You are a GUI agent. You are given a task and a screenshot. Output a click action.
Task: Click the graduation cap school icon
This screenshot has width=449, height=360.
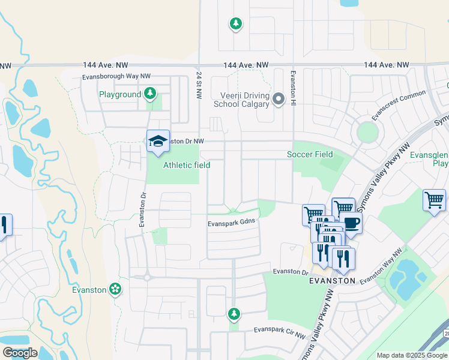(x=158, y=141)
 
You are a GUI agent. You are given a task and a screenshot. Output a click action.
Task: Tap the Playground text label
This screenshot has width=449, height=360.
(x=119, y=94)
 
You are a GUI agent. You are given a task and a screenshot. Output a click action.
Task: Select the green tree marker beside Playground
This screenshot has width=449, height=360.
(x=150, y=94)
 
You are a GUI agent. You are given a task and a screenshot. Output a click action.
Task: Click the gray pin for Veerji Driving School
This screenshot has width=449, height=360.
(x=278, y=99)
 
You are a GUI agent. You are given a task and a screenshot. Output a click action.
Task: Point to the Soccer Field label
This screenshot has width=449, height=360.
(x=309, y=154)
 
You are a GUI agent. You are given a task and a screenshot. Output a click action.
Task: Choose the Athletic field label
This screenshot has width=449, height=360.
(x=186, y=165)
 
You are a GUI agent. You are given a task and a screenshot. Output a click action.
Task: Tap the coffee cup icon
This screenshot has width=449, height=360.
(x=351, y=223)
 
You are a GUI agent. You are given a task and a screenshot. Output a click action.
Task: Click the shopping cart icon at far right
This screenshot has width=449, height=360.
(x=434, y=199)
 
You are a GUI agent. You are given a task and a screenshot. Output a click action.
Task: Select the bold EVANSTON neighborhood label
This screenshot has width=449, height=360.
(x=332, y=280)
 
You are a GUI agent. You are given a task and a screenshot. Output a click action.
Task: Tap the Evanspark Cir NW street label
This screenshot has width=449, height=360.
(x=280, y=330)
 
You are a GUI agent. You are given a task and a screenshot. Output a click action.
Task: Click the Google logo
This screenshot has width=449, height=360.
(x=19, y=353)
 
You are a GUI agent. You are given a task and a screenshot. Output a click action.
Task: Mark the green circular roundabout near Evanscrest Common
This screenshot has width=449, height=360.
(x=367, y=131)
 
